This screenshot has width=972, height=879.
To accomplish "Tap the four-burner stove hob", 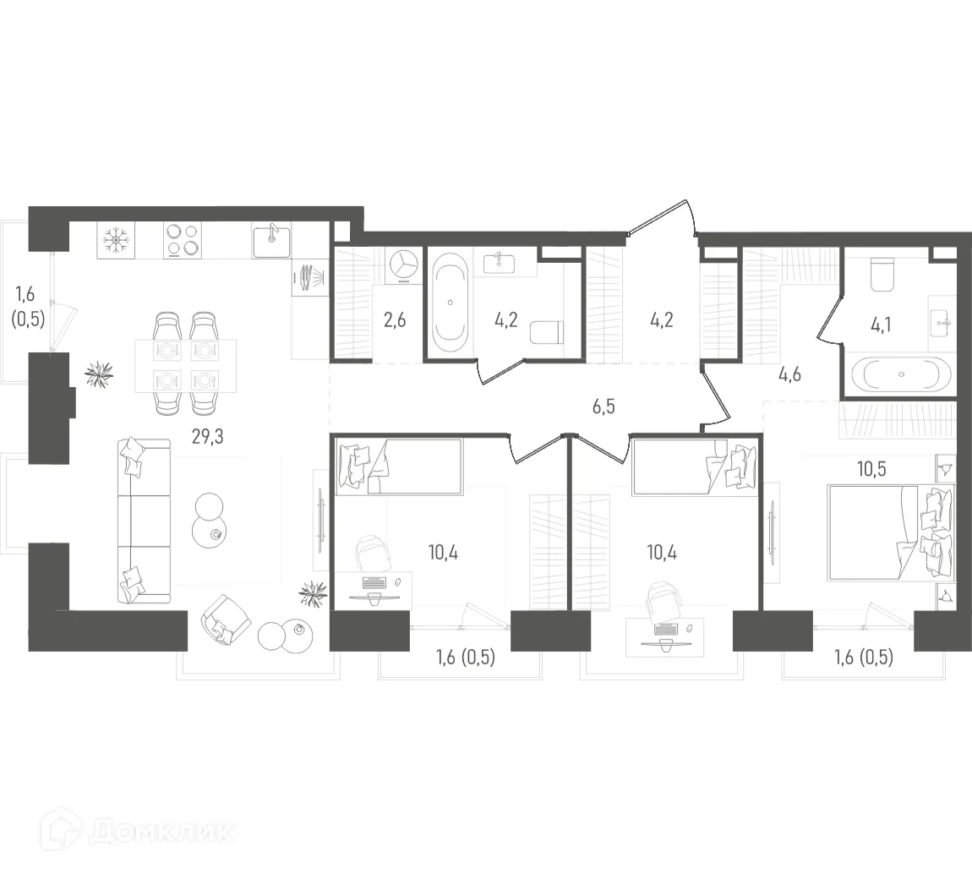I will pos(183,240).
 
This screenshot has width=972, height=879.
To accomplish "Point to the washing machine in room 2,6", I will pos(404,264).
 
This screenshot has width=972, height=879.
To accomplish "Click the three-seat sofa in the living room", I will pos(142,520).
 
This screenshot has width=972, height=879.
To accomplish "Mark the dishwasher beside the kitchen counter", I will pos(309,278).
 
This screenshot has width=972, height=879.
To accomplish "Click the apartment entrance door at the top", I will pos(662,220).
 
